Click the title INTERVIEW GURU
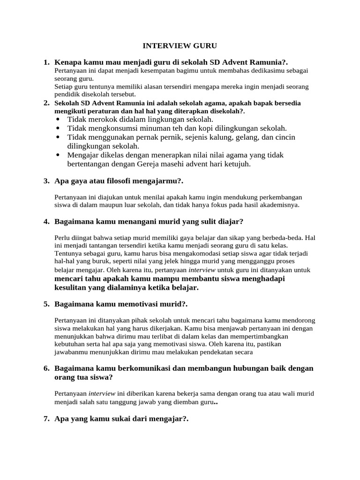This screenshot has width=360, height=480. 180,46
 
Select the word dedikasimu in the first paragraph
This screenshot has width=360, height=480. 279,71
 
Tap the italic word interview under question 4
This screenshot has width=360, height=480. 202,270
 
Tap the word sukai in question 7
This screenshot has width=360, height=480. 118,419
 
